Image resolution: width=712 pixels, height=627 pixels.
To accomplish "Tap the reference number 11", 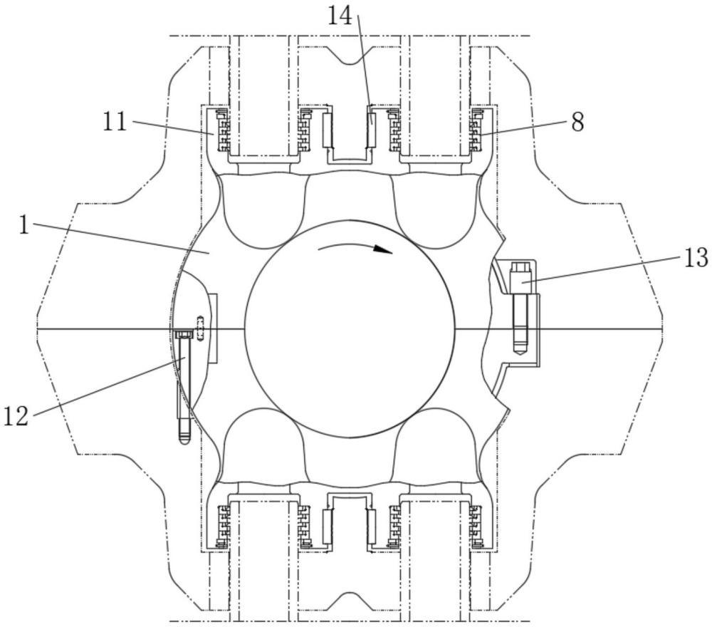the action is (114, 122).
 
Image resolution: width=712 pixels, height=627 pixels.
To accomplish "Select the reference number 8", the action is (577, 123).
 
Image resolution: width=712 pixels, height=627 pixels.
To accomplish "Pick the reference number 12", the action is (16, 416).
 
